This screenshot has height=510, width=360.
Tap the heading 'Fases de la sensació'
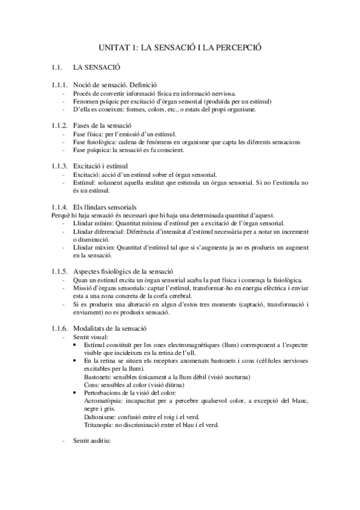click(102, 124)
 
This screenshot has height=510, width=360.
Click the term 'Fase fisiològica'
click(94, 142)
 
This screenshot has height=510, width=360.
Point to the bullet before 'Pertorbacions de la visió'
click(74, 392)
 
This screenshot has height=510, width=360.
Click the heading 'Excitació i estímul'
click(100, 164)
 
